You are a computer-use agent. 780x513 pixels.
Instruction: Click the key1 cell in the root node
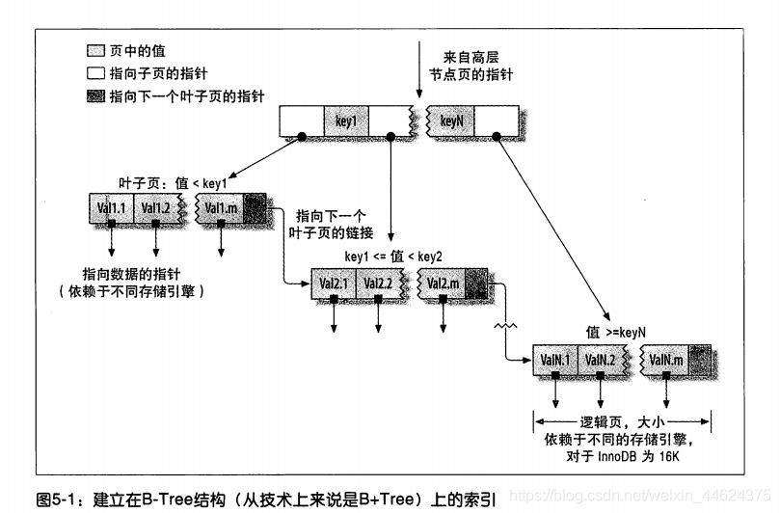(347, 121)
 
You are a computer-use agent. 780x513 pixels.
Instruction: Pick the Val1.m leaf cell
(222, 207)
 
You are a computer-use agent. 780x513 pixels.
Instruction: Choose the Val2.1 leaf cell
(334, 283)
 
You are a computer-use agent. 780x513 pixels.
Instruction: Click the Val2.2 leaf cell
(378, 283)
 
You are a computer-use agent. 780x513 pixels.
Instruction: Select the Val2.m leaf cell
(444, 283)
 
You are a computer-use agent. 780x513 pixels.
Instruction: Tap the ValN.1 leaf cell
(555, 360)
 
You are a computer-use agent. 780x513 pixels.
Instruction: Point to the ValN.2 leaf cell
(600, 360)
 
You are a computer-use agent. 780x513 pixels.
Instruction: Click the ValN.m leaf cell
(666, 360)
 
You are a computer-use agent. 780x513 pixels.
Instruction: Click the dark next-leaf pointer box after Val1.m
(256, 207)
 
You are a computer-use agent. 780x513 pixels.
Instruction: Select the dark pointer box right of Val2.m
(477, 283)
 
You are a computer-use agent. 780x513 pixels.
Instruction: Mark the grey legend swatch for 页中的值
(94, 50)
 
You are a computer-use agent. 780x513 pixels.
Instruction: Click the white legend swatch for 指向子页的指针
(94, 73)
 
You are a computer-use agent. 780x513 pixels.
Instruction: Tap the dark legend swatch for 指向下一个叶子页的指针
(94, 96)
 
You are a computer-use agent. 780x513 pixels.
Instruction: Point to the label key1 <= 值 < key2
(394, 256)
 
